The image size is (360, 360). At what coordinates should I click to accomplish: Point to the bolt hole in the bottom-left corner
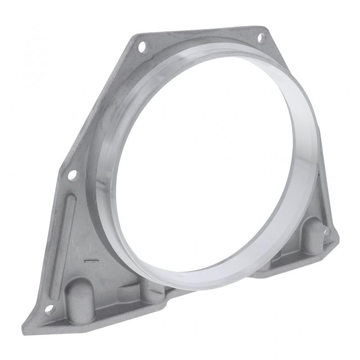pos(50,309)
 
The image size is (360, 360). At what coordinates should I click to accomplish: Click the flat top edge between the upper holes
pos(202,32)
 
